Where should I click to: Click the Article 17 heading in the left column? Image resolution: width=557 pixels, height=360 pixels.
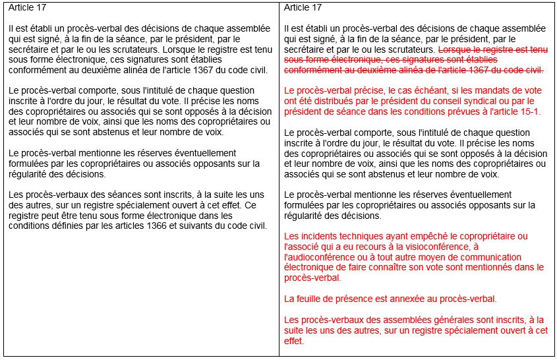coord(27,8)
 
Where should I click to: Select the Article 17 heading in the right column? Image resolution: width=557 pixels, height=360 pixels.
coord(303,8)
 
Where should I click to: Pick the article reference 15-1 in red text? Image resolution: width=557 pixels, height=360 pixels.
coord(529,111)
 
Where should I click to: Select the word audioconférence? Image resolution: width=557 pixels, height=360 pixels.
coord(320,256)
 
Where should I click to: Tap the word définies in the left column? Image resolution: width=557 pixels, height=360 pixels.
coord(63,226)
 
